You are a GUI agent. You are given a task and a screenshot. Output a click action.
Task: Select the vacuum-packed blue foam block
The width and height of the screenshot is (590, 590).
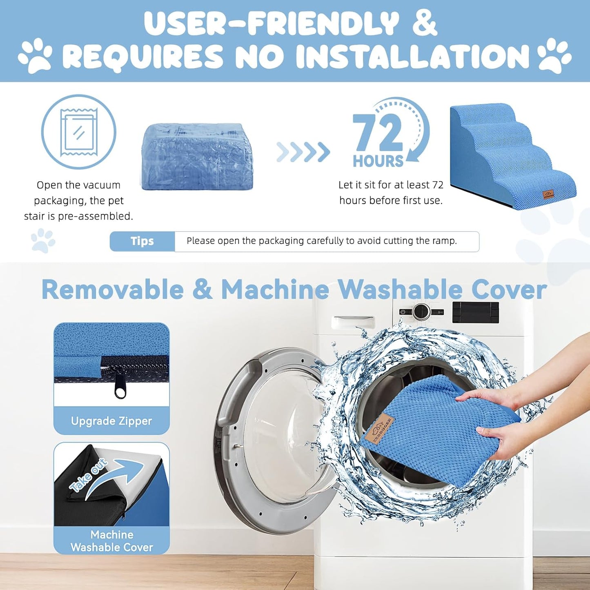click(197, 156)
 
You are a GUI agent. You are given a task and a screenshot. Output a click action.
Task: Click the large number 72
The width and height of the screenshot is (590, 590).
click(378, 133)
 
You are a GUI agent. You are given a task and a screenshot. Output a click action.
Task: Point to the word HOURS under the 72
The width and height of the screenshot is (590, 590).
click(378, 161)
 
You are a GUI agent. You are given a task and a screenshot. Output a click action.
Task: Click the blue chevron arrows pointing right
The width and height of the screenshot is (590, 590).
click(303, 152)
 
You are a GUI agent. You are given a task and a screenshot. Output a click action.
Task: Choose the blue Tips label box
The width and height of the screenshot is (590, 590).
click(142, 241)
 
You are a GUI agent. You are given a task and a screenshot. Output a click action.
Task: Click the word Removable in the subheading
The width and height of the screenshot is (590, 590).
click(113, 290)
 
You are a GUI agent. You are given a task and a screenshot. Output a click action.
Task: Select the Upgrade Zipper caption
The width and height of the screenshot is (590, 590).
click(111, 421)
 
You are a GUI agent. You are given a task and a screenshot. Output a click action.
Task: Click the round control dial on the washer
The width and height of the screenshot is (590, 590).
click(422, 312)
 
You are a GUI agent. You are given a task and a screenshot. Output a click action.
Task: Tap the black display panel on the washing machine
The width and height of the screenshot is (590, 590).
click(476, 312)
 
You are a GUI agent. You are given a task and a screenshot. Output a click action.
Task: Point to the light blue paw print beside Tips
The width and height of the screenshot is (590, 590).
click(43, 240)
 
